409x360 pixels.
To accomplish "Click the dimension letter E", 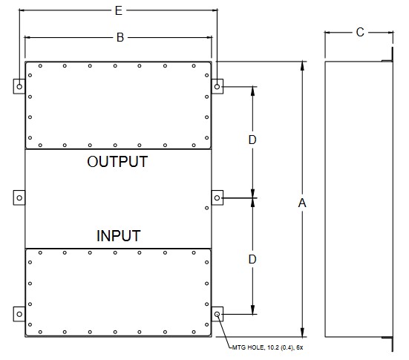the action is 119,10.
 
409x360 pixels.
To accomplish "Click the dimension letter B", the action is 120,38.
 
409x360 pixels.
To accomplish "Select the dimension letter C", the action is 360,33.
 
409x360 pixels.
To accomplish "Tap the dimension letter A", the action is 302,203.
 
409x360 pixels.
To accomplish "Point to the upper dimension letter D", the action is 252,140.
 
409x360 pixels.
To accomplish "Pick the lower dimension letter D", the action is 252,260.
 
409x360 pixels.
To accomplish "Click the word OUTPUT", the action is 117,162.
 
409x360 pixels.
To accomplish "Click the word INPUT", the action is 119,236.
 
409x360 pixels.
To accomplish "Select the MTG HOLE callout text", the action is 268,347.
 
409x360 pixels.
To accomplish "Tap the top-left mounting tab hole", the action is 19,86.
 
